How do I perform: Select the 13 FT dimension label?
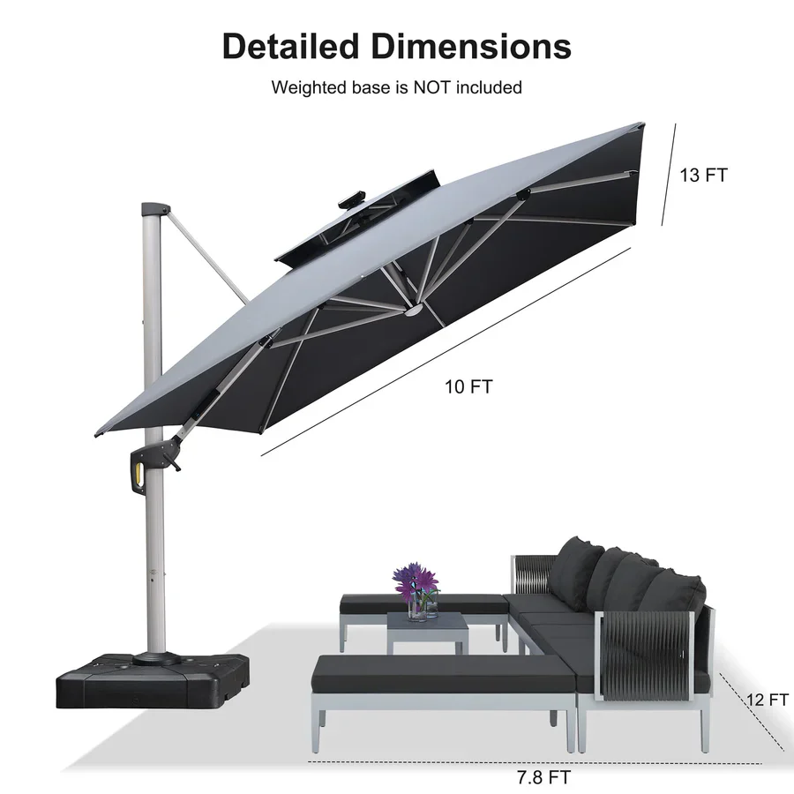pyautogui.click(x=703, y=175)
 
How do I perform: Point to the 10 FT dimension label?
pyautogui.click(x=468, y=386)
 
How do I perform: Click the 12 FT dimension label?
pyautogui.click(x=765, y=700)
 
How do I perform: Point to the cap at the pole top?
pyautogui.click(x=153, y=208)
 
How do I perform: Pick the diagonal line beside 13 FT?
pyautogui.click(x=668, y=175)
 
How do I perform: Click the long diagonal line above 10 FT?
pyautogui.click(x=446, y=352)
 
